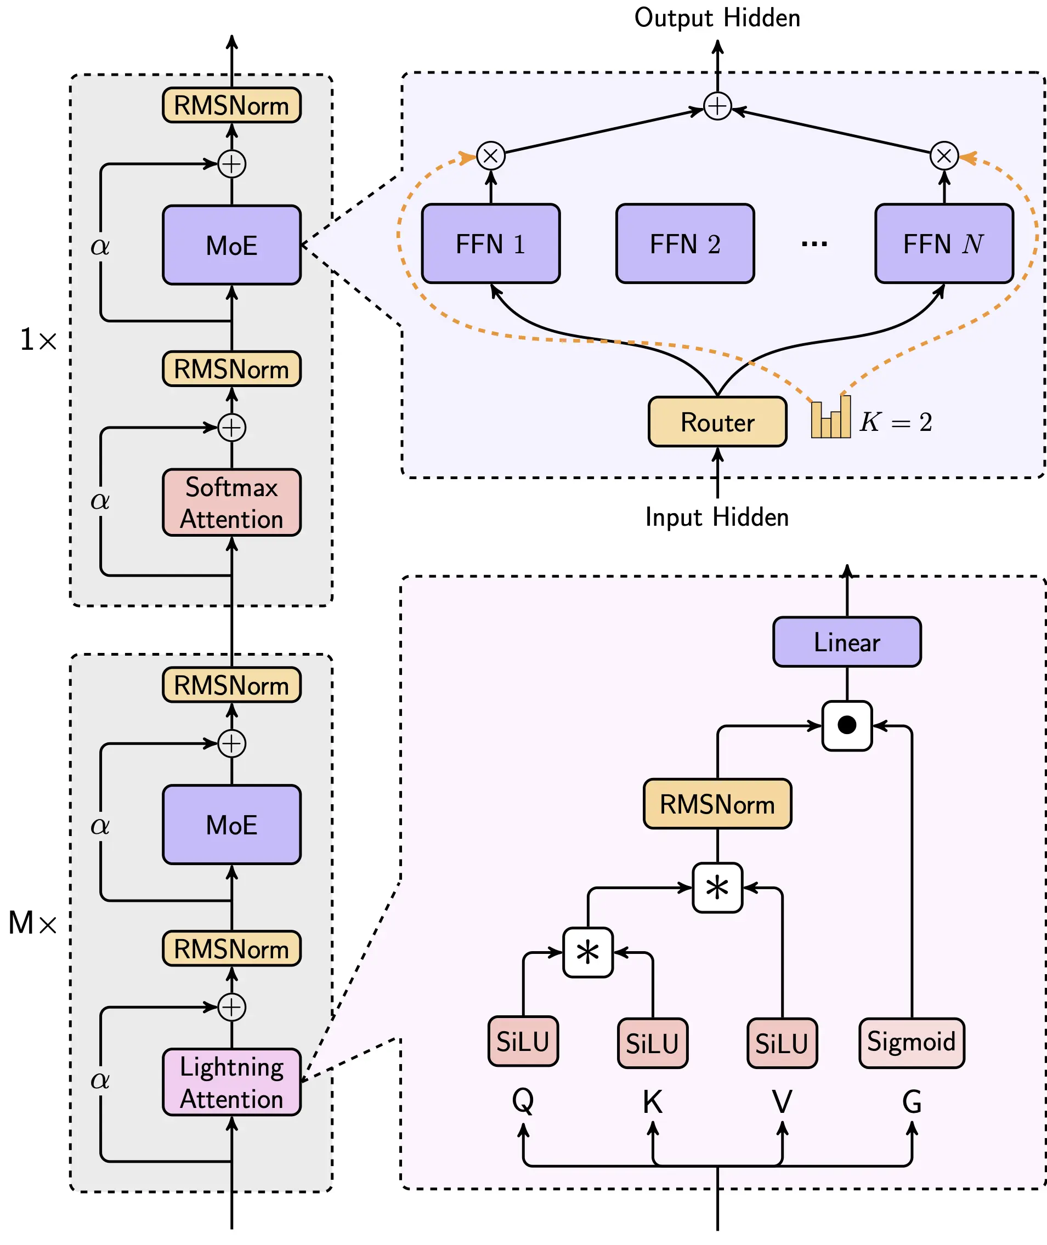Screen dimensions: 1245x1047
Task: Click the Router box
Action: tap(717, 422)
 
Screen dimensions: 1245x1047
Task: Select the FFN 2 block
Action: tap(685, 244)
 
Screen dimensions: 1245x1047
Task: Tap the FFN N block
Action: tap(944, 244)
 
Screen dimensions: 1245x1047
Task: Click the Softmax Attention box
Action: tap(231, 502)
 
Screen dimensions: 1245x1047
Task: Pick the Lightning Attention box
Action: tap(231, 1082)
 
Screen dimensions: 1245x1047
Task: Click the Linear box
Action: tap(846, 642)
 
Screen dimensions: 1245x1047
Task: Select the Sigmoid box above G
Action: tap(911, 1042)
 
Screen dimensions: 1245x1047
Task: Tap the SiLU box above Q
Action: tap(523, 1041)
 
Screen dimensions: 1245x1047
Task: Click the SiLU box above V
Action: tap(782, 1043)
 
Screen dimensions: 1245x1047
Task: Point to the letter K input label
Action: tap(652, 1102)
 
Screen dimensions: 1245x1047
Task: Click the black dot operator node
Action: tap(846, 725)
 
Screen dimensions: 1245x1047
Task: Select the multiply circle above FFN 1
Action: tap(491, 156)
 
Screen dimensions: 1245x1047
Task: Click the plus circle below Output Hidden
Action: tap(717, 106)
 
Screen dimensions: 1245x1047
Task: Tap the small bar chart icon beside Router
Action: tap(830, 418)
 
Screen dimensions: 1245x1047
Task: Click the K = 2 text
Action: tap(896, 422)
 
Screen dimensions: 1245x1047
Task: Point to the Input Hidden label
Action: tap(717, 517)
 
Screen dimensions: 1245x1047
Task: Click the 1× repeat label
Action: tap(38, 340)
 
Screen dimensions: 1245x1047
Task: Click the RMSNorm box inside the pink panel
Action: tap(717, 804)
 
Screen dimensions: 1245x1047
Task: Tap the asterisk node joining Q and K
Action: tap(587, 953)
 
